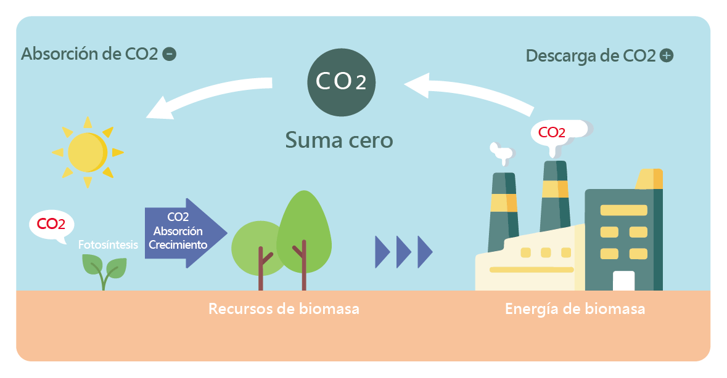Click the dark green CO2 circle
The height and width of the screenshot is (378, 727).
coord(341,82)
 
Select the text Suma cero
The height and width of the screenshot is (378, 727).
coord(339,140)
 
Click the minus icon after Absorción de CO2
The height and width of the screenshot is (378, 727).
coord(169,54)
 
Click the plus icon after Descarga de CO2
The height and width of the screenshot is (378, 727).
coord(666,55)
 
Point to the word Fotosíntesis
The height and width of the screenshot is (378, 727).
coord(108,244)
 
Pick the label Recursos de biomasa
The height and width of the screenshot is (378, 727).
coord(284,308)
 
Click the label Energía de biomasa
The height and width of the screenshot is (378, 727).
coord(575,308)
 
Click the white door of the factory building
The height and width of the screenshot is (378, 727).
coord(623,281)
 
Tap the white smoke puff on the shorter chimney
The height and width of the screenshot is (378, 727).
coord(500,151)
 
